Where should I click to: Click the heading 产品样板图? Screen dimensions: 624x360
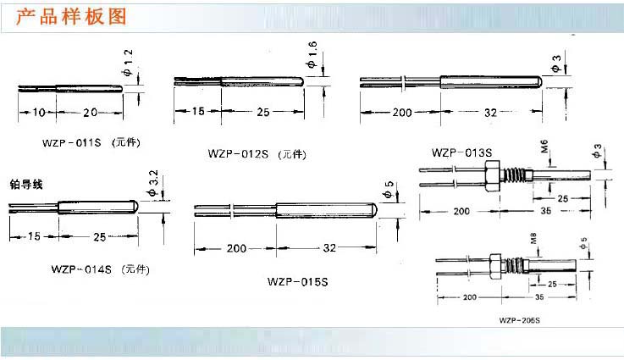[x=71, y=17]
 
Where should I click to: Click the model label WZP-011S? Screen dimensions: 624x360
[x=72, y=142]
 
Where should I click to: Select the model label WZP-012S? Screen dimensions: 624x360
[x=238, y=153]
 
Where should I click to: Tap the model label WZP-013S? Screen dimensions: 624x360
[x=461, y=152]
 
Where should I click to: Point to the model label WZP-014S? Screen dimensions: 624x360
[x=81, y=269]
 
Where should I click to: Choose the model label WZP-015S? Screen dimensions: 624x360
[x=298, y=282]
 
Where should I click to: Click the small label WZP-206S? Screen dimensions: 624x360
[x=520, y=320]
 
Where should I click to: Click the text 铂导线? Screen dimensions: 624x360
[x=26, y=185]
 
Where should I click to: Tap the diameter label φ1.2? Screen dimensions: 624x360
[x=127, y=63]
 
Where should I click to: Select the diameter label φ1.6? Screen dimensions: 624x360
[x=312, y=54]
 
